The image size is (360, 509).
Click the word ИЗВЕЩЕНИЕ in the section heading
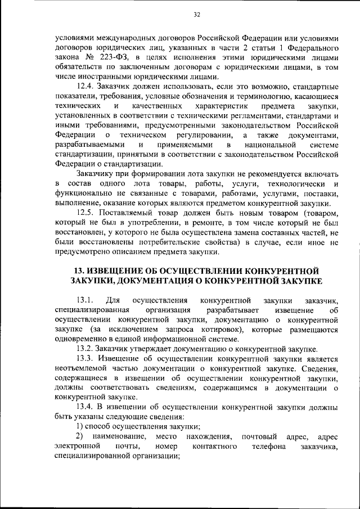(x=130, y=269)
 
